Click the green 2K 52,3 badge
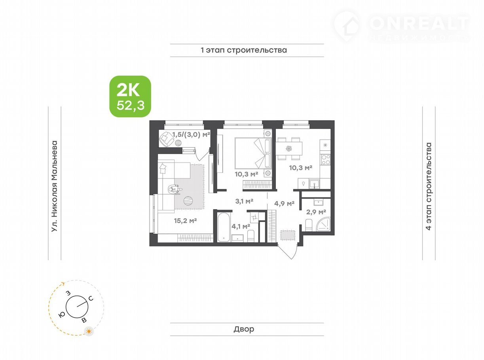click(130, 96)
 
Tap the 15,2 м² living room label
click(185, 221)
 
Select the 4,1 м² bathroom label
click(241, 226)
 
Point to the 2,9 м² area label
click(316, 212)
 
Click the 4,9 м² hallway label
click(284, 204)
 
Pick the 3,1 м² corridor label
click(244, 201)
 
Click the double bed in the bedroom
click(253, 153)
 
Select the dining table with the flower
click(289, 149)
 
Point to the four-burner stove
click(326, 159)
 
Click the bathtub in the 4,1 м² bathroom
click(224, 227)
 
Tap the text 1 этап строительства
click(244, 50)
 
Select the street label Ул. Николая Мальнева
click(55, 186)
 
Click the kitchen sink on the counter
click(314, 184)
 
